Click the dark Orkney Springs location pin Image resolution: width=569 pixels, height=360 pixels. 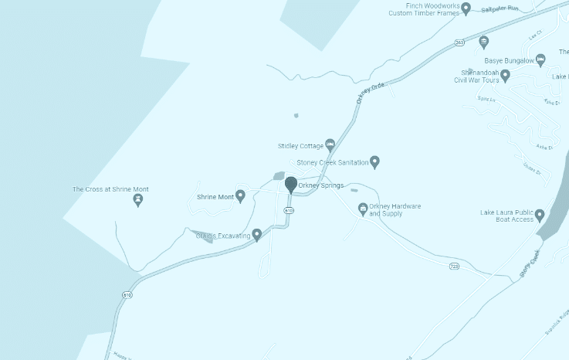[x=291, y=184]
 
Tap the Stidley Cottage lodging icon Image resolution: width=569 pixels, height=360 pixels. [x=330, y=144]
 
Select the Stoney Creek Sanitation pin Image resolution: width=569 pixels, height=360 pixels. [x=374, y=161]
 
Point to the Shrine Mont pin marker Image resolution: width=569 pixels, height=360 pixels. [x=240, y=196]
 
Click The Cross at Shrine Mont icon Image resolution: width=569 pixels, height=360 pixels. [x=138, y=200]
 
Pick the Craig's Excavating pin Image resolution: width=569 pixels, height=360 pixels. [x=257, y=234]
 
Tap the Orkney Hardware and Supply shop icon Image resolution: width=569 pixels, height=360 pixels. [x=362, y=209]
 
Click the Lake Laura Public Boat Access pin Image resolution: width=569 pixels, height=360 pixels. [x=540, y=215]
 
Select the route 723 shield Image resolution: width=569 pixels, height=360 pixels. [x=455, y=267]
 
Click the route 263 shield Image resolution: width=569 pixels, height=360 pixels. [x=459, y=42]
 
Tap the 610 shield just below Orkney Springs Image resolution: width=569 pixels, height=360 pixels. [x=288, y=210]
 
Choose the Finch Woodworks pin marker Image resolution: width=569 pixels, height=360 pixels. [x=466, y=8]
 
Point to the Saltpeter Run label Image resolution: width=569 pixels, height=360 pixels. [x=499, y=8]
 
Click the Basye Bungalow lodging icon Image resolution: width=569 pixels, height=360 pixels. [x=540, y=59]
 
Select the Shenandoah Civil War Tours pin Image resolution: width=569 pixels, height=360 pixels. [x=506, y=75]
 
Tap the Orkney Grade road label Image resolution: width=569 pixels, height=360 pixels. [x=371, y=93]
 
